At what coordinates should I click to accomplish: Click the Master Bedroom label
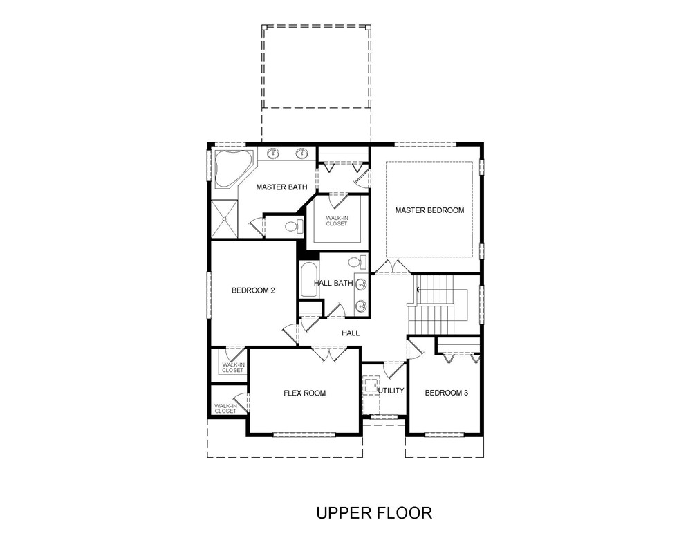(429, 210)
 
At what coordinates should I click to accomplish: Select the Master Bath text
(281, 187)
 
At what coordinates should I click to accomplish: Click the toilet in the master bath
(293, 226)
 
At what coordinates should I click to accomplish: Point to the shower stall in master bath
(225, 219)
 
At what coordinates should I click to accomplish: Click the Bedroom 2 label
(253, 290)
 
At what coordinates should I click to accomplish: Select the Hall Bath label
(333, 283)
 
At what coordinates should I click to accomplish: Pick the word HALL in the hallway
(351, 333)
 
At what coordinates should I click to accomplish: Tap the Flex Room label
(304, 393)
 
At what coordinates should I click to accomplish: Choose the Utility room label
(391, 391)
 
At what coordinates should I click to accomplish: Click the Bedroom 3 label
(446, 393)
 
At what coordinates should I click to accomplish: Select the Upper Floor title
(374, 512)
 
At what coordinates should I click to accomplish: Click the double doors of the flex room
(328, 354)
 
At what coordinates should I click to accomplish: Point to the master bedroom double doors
(391, 266)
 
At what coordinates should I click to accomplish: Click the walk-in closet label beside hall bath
(337, 221)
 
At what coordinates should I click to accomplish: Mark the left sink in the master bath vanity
(273, 154)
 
